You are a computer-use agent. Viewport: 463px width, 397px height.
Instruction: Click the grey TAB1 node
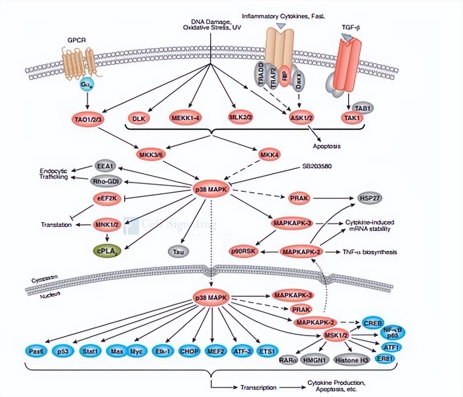pos(363,108)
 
